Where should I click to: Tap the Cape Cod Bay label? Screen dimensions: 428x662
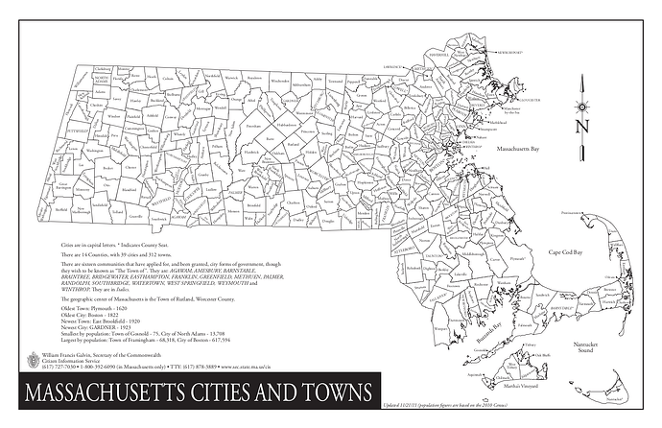pos(567,252)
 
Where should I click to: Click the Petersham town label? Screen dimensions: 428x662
pos(253,126)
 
